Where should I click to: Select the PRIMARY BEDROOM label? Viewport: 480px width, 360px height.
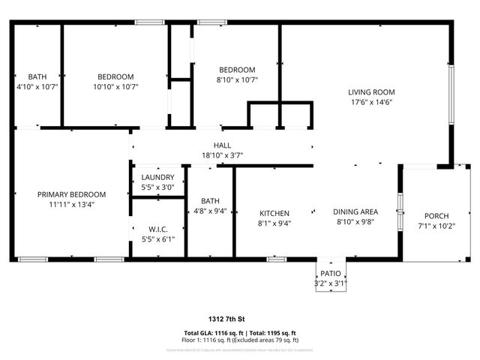pyautogui.click(x=71, y=194)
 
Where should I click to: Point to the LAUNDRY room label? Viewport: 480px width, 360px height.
pyautogui.click(x=157, y=177)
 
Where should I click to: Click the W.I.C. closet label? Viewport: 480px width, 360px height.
pyautogui.click(x=157, y=229)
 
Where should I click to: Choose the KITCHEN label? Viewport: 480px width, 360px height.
pyautogui.click(x=274, y=213)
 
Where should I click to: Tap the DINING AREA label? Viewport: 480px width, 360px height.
pyautogui.click(x=355, y=211)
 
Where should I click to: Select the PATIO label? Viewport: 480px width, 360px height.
pyautogui.click(x=331, y=274)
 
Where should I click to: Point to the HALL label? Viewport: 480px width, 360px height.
pyautogui.click(x=222, y=145)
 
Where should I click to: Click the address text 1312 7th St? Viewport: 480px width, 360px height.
pyautogui.click(x=239, y=319)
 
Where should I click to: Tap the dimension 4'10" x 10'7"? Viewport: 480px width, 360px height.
pyautogui.click(x=37, y=86)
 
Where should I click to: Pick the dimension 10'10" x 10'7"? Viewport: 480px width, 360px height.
pyautogui.click(x=115, y=86)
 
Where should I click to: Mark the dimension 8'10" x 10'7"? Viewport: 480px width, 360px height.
pyautogui.click(x=237, y=79)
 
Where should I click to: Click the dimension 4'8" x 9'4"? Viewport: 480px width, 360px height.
pyautogui.click(x=210, y=211)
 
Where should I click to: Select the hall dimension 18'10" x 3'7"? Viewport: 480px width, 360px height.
pyautogui.click(x=222, y=155)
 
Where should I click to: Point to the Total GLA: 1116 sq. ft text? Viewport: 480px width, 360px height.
pyautogui.click(x=211, y=333)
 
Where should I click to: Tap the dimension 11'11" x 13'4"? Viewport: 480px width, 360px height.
pyautogui.click(x=71, y=204)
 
